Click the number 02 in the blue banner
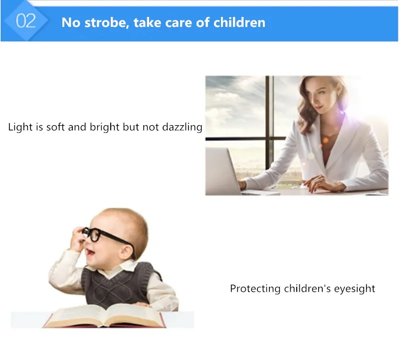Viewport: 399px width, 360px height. pos(26,20)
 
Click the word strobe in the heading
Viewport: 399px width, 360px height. pos(105,22)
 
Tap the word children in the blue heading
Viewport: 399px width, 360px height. pos(239,22)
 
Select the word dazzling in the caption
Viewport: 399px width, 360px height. pos(182,127)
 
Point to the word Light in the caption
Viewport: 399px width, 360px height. pos(19,127)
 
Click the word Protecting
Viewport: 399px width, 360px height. pos(255,289)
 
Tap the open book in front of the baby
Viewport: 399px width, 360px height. pos(104,316)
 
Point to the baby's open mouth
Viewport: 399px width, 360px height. pos(90,252)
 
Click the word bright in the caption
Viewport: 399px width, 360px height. pos(104,127)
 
